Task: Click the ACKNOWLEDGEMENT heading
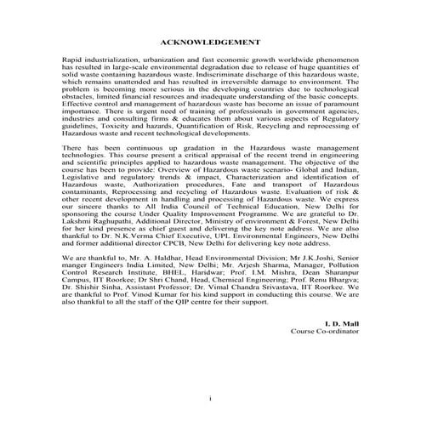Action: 210,42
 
